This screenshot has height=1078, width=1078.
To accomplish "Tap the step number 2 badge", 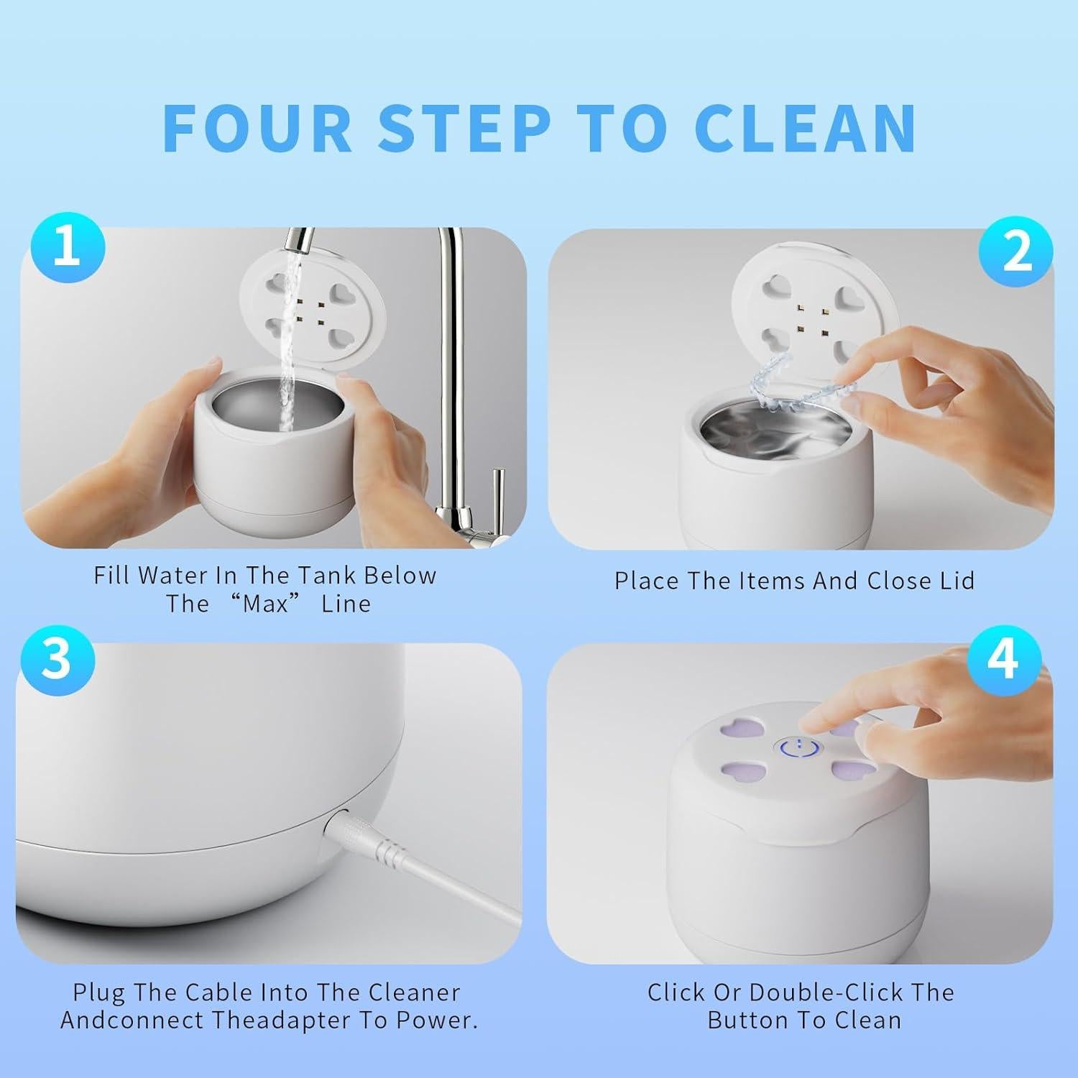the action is (x=1016, y=253).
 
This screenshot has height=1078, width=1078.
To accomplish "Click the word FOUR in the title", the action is (x=258, y=128).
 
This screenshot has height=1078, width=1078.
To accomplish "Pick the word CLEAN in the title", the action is (x=806, y=128).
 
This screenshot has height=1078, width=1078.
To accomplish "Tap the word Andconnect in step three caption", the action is (x=122, y=1021).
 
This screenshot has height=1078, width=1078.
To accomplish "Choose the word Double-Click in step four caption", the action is (x=826, y=992).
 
